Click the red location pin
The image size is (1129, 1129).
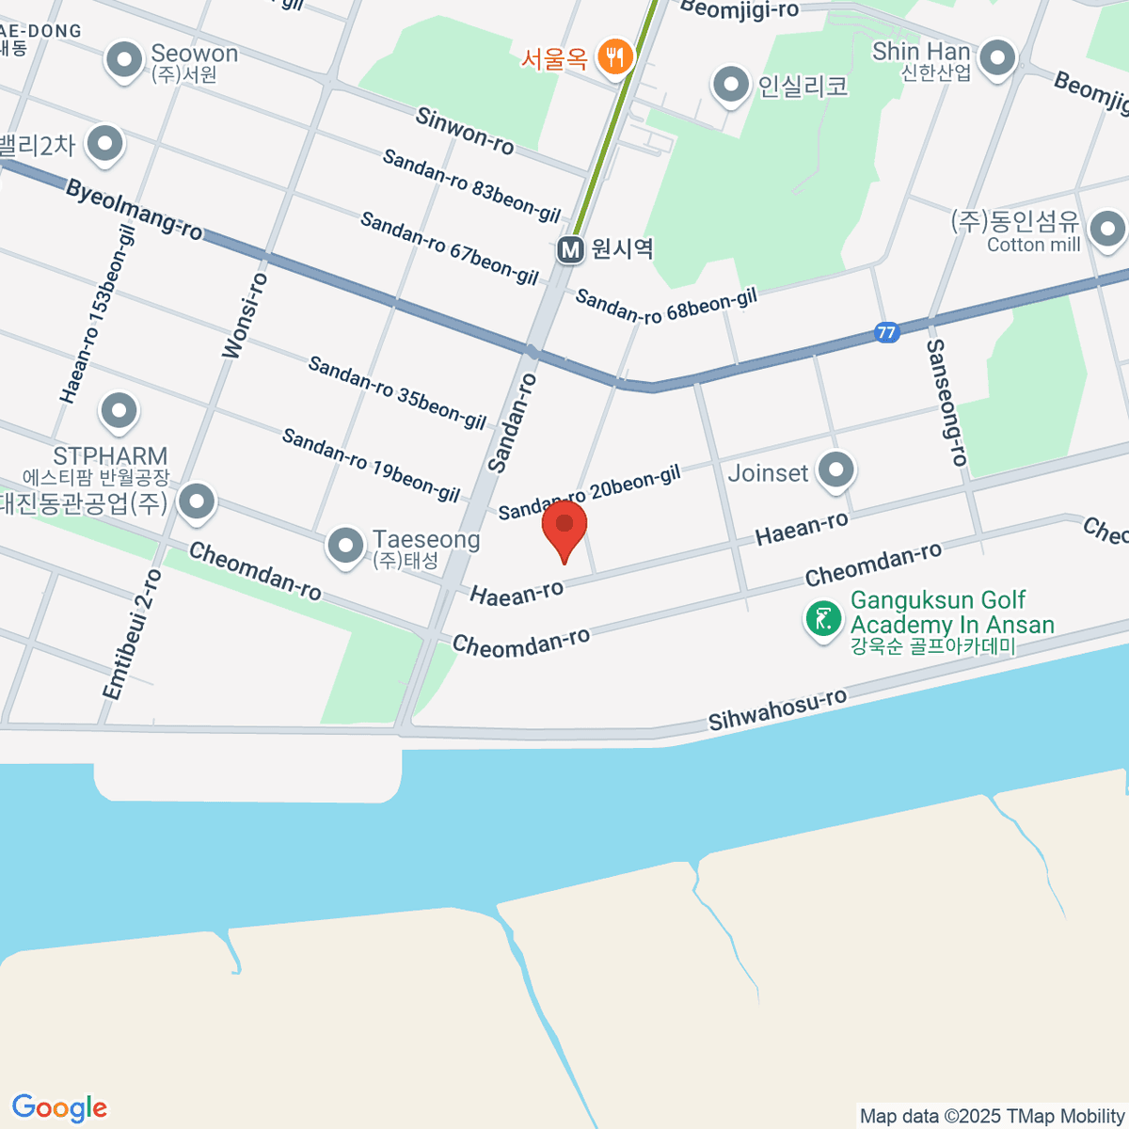(x=564, y=527)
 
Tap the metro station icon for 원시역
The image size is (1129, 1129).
(x=569, y=249)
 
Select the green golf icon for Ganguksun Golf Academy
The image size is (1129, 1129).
(x=823, y=619)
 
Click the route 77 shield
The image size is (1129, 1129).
(x=885, y=332)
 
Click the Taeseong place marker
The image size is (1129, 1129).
(x=345, y=545)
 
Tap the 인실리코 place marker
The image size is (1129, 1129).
(x=730, y=86)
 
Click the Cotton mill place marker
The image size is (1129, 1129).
(x=1107, y=228)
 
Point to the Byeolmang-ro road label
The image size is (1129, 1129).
(x=134, y=210)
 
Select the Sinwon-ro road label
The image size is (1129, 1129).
(x=465, y=132)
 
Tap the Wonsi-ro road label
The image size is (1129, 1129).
(x=245, y=316)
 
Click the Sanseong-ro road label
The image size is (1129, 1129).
(x=946, y=403)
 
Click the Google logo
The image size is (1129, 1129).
(x=59, y=1108)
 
